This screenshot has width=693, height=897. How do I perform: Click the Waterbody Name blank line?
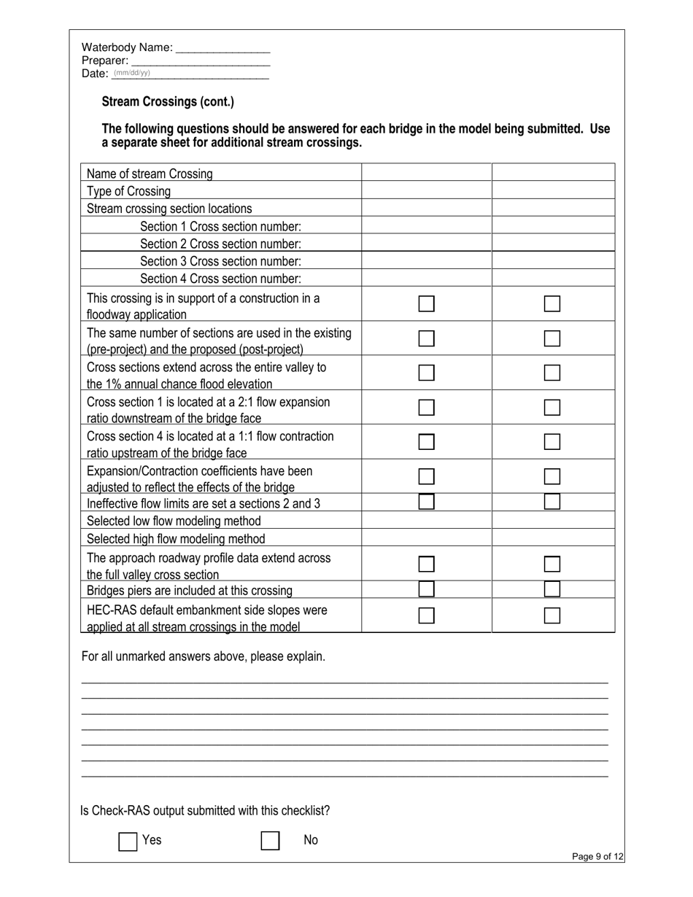tap(223, 49)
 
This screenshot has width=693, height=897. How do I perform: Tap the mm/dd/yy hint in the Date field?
tap(132, 73)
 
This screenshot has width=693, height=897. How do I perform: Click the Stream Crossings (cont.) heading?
tap(168, 102)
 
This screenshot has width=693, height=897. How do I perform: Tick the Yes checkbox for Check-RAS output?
tap(128, 841)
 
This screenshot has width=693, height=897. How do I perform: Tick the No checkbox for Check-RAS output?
tap(271, 841)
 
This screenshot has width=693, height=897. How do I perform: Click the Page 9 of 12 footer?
tap(597, 857)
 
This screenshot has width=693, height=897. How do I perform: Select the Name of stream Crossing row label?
tap(150, 174)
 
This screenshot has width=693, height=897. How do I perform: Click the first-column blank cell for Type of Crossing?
tap(427, 191)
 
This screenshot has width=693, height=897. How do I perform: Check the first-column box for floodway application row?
tap(427, 304)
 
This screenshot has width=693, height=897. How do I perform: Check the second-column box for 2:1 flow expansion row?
tap(552, 408)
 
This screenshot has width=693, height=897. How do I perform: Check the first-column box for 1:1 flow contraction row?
tap(427, 442)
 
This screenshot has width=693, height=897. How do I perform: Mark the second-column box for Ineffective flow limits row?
tap(552, 502)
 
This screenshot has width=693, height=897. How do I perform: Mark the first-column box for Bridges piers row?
tap(427, 589)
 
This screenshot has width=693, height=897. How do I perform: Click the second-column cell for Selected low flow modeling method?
tap(553, 521)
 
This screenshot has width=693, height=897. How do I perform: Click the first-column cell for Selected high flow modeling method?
tap(427, 538)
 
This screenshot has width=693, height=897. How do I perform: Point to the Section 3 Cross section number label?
tap(220, 261)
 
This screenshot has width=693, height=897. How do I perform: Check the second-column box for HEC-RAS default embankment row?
tap(552, 616)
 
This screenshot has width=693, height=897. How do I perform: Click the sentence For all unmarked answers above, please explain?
tap(204, 656)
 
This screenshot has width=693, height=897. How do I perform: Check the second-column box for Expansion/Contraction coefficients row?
tap(552, 477)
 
